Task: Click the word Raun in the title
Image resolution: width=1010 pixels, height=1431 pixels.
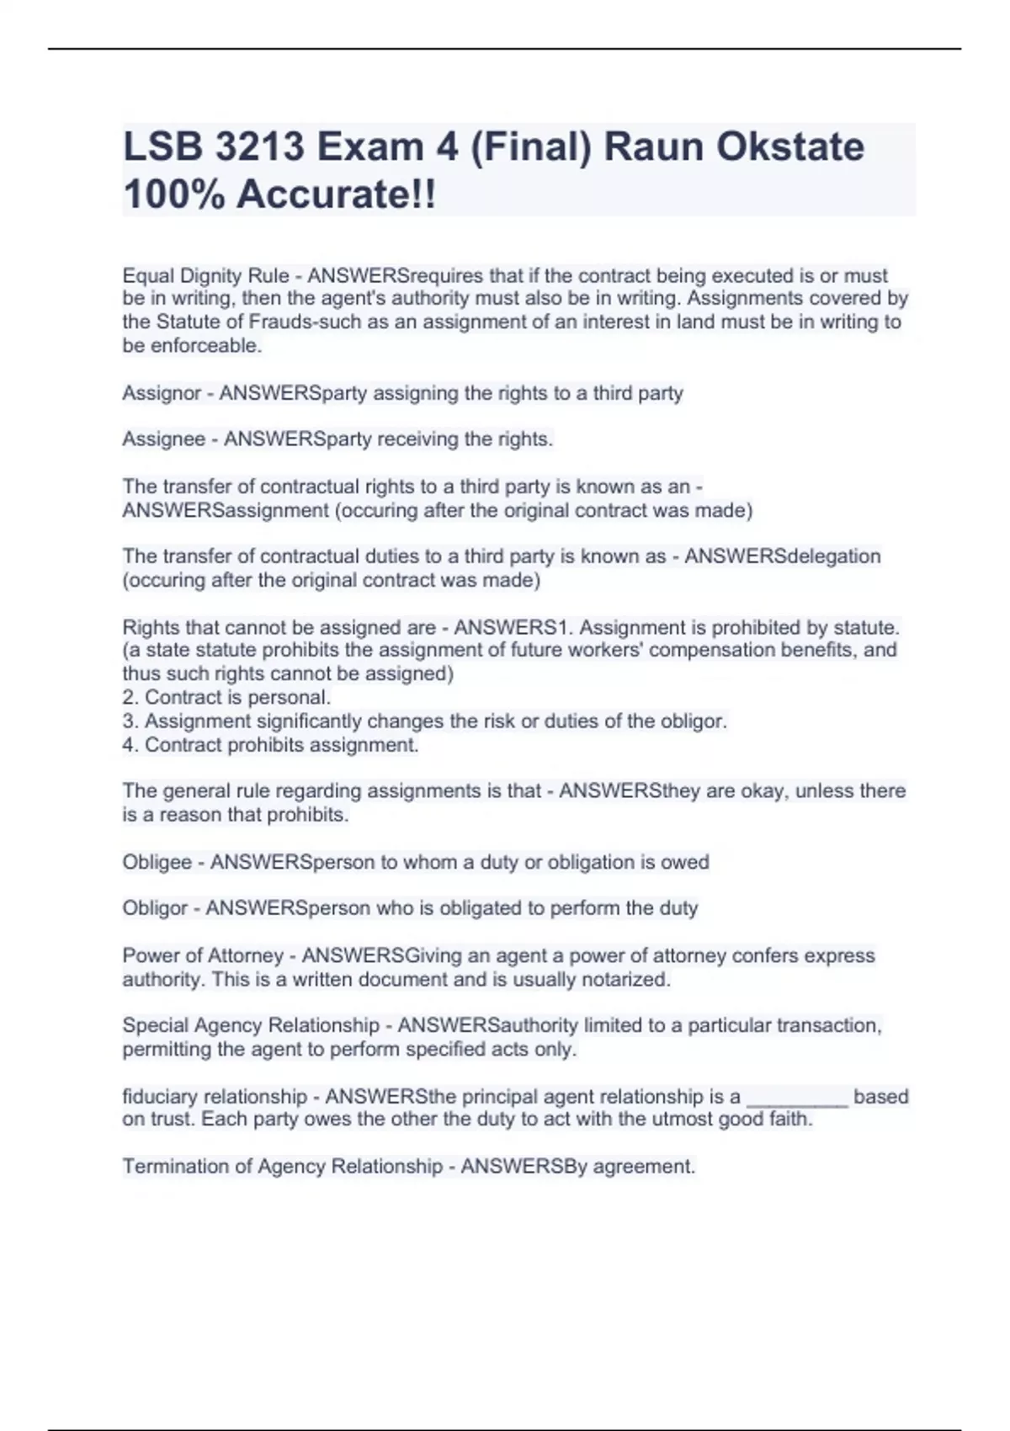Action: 653,147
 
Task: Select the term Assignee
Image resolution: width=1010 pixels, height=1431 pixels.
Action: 163,439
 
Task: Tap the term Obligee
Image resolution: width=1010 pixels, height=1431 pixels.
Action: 157,862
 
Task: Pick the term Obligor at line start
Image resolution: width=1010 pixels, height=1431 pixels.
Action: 155,908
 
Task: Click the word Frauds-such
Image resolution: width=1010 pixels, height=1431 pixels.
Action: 301,322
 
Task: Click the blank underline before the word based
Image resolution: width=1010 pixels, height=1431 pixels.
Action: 797,1097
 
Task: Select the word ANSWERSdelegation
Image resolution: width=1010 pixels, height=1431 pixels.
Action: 783,556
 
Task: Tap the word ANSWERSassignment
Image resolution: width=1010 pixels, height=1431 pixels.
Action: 226,510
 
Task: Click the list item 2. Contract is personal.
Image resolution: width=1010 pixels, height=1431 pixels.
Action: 226,698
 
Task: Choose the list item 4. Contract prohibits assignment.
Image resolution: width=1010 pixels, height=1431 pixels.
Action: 270,745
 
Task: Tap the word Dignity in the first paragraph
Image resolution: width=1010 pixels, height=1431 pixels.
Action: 212,276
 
